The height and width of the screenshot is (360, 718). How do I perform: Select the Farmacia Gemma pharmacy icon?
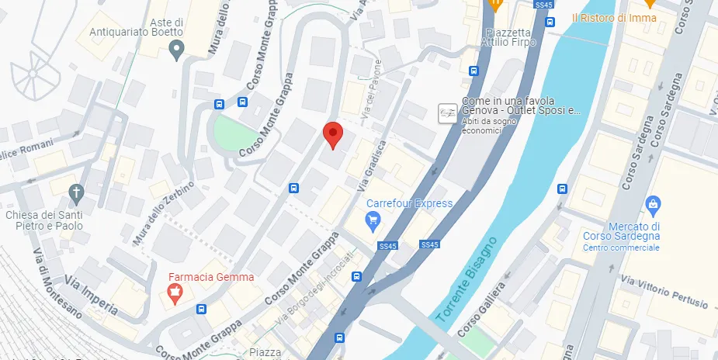(x=176, y=295)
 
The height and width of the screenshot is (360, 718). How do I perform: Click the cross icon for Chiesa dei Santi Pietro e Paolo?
(x=76, y=192)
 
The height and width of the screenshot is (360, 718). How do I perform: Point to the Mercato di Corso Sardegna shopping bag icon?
(x=653, y=206)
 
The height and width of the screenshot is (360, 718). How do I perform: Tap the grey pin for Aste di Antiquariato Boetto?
(x=177, y=51)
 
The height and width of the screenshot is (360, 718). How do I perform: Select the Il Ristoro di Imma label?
(x=613, y=18)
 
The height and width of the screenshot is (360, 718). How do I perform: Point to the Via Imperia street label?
(x=91, y=297)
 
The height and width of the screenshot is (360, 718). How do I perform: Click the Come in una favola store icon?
(x=447, y=112)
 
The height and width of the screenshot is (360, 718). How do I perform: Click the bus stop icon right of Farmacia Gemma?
(x=201, y=309)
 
